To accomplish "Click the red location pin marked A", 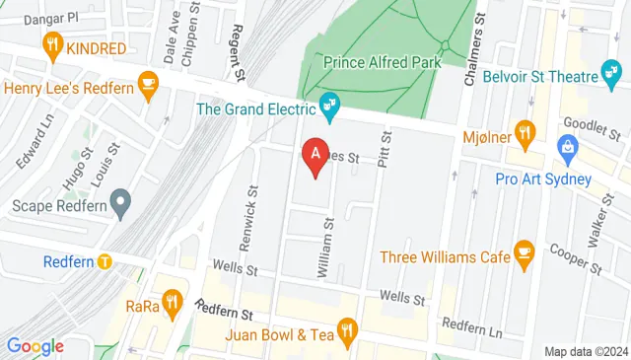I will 315,157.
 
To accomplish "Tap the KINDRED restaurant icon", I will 53,45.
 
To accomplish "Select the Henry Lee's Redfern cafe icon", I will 149,84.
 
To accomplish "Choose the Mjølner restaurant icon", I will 526,131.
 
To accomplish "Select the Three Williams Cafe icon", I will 525,255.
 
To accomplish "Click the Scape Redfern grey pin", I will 121,205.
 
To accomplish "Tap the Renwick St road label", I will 254,210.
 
